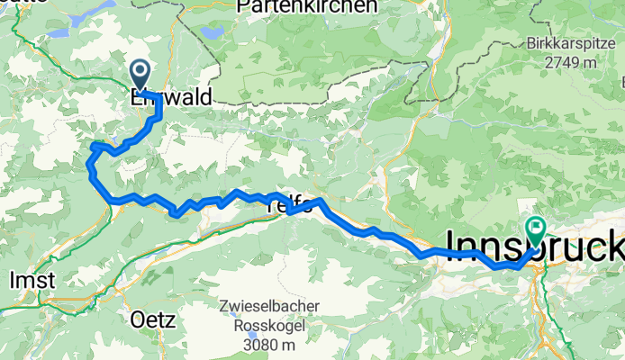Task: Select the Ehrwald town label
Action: coord(171,96)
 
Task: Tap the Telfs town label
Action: coord(291,206)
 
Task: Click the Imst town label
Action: coord(32,281)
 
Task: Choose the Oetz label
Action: coord(152,319)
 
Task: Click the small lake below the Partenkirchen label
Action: coord(213,32)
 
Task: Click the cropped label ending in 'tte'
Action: coord(14,4)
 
